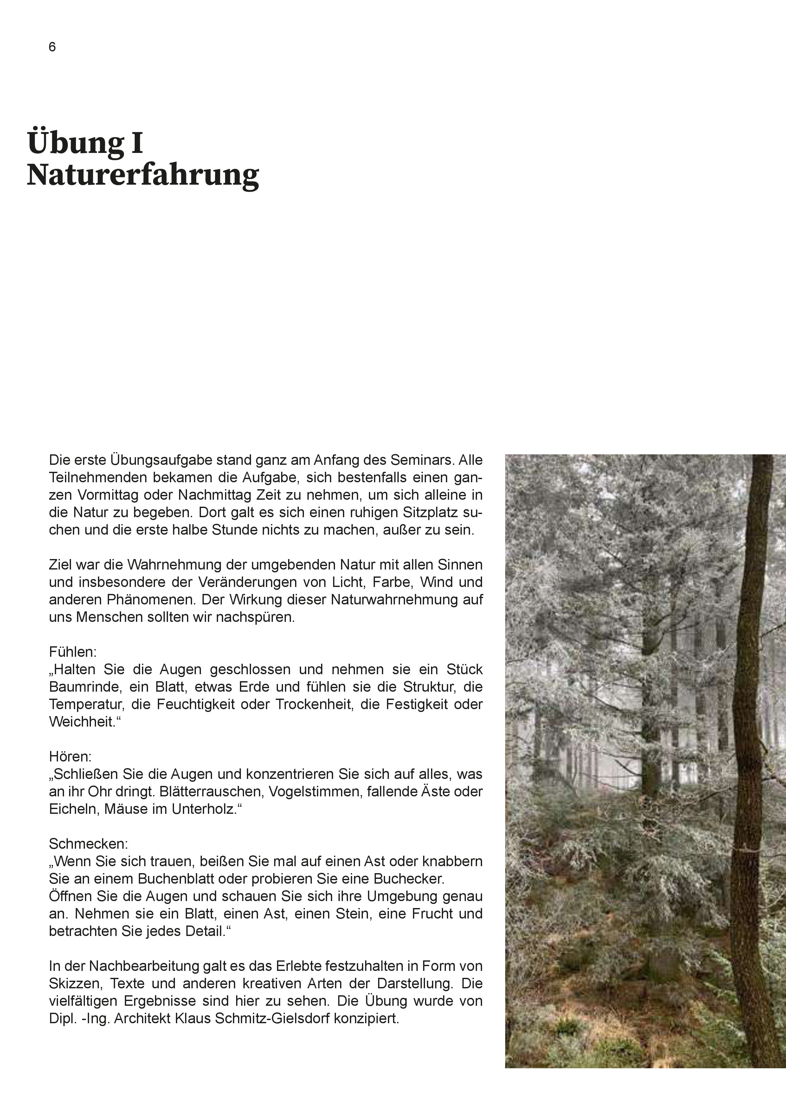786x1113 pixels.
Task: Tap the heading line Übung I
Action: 85,142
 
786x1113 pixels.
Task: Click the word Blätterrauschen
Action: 200,792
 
